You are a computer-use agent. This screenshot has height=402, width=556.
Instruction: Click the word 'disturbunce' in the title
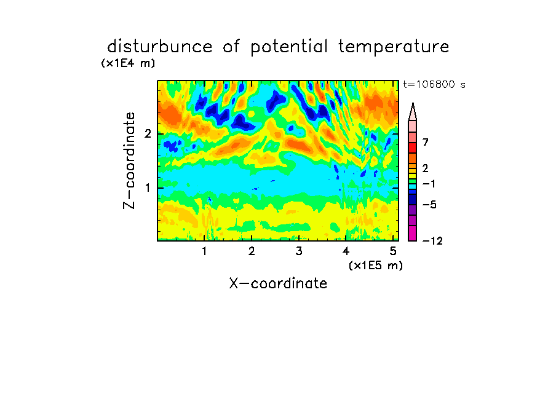tap(160, 47)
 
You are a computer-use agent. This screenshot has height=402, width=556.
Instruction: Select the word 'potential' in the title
tap(289, 47)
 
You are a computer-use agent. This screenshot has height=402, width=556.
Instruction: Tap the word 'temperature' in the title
tap(394, 47)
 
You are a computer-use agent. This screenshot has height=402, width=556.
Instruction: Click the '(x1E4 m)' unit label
tap(128, 63)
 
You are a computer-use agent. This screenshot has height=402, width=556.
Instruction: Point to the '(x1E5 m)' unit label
tap(376, 266)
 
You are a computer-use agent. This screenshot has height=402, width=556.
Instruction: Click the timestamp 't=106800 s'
tap(434, 85)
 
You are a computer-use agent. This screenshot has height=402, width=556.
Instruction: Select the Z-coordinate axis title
tap(129, 160)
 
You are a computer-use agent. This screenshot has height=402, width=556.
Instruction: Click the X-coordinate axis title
tap(278, 283)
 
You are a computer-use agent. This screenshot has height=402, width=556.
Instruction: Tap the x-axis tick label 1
tap(205, 251)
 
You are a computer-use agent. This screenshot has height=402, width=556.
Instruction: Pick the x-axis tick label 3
tap(299, 251)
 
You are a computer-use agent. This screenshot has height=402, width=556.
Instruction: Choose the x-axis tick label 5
tap(393, 251)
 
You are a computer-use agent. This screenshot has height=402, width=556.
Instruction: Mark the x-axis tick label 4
tap(346, 251)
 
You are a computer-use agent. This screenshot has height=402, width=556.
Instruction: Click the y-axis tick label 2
tap(148, 134)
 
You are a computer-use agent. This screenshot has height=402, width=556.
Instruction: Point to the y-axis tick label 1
tap(148, 188)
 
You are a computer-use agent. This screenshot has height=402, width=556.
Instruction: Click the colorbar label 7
tap(426, 143)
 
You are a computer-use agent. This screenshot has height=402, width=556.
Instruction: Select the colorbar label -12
tap(432, 241)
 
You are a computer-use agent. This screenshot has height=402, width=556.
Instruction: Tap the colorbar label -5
tap(429, 205)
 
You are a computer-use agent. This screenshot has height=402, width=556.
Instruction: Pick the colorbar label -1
tap(429, 184)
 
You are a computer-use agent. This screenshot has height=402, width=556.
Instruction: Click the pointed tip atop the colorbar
tap(413, 103)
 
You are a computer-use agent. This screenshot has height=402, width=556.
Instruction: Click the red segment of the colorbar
tap(413, 148)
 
